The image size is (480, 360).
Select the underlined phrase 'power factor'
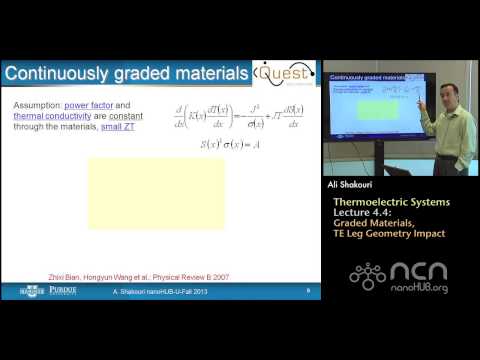point(109,104)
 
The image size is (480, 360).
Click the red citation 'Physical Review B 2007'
point(194,271)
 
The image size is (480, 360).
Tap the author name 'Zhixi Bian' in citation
point(69,271)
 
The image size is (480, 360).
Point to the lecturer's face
point(442,93)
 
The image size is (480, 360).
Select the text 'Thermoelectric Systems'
point(391,203)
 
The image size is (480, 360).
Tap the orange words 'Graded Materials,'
point(373,225)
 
